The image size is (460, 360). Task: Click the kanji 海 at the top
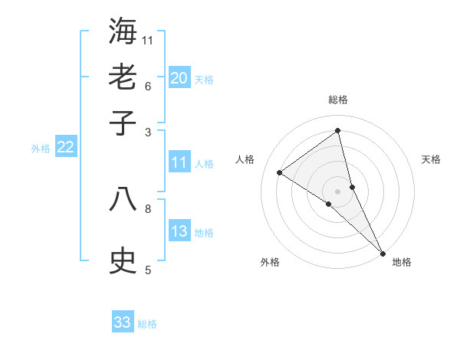click(x=123, y=31)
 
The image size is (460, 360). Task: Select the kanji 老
click(x=123, y=77)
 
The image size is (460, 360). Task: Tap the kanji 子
click(x=123, y=123)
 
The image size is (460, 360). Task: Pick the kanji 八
click(x=123, y=200)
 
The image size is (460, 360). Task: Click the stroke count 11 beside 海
click(x=148, y=40)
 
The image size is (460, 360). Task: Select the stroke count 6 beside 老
click(x=148, y=85)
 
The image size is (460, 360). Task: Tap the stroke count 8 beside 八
click(x=148, y=208)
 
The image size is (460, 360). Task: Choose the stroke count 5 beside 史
click(x=148, y=270)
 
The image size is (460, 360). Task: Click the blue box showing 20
click(x=179, y=78)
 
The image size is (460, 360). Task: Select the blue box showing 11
click(x=179, y=162)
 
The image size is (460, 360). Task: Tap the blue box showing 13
click(x=179, y=231)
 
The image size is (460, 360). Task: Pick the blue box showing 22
click(x=65, y=147)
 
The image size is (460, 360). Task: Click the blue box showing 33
click(x=122, y=322)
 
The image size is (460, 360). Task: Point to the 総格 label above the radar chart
click(x=337, y=100)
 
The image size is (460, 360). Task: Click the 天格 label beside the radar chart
click(x=431, y=159)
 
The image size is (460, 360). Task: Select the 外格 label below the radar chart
click(x=270, y=263)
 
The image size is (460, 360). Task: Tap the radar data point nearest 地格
click(x=382, y=252)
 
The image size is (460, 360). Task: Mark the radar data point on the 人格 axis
click(x=280, y=172)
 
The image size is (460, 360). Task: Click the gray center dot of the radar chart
click(x=337, y=191)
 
